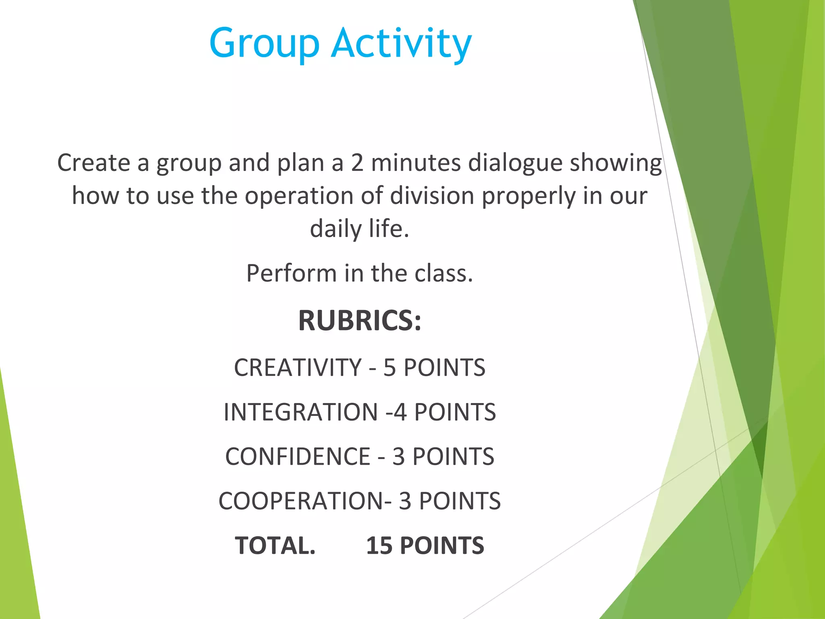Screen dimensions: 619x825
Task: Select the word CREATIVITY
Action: point(298,368)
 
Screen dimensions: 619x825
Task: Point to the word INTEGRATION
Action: point(301,412)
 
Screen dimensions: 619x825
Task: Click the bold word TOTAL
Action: point(275,546)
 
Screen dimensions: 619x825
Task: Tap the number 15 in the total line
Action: point(379,546)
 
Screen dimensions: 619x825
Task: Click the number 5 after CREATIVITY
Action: point(389,368)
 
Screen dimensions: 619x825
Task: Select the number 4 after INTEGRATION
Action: point(400,412)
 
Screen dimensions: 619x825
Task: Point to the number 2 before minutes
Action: point(357,163)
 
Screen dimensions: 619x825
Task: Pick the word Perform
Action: point(292,274)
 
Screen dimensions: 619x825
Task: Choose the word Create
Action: point(94,163)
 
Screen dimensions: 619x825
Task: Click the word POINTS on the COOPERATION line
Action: point(460,501)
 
